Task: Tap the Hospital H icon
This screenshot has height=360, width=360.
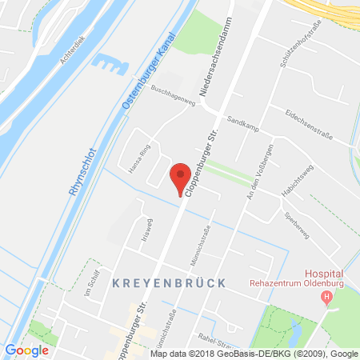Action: click(x=326, y=298)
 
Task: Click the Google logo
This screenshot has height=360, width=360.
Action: click(x=26, y=350)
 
